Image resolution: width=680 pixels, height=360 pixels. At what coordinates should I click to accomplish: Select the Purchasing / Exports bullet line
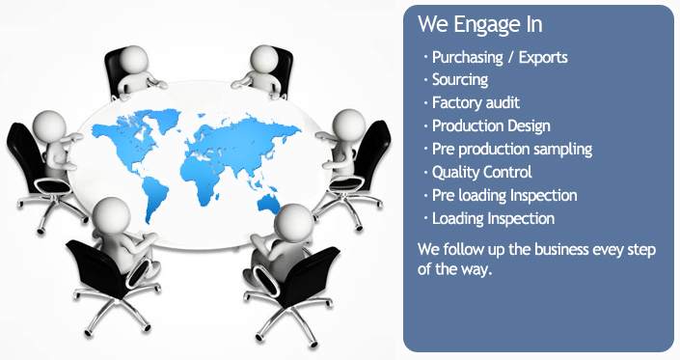pyautogui.click(x=500, y=57)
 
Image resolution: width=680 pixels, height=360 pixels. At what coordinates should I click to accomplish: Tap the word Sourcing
pyautogui.click(x=460, y=80)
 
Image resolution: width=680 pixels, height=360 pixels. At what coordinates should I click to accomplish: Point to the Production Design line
pyautogui.click(x=491, y=125)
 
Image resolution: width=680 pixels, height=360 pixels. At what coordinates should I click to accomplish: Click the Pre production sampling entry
pyautogui.click(x=511, y=149)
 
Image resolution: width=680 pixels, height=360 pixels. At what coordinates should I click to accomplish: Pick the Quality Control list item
pyautogui.click(x=481, y=172)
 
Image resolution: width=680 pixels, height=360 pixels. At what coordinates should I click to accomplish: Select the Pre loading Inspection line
pyautogui.click(x=504, y=195)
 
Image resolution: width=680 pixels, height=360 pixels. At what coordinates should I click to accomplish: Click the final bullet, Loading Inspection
pyautogui.click(x=493, y=218)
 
